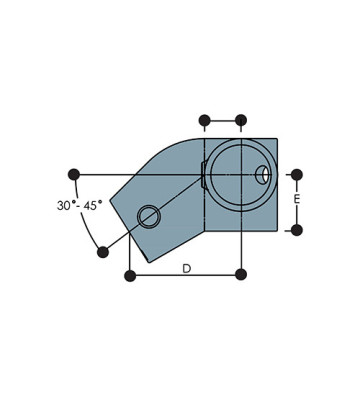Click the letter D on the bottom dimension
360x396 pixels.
[187, 268]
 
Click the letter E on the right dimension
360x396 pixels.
[297, 199]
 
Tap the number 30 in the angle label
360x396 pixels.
[64, 205]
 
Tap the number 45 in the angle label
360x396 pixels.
[90, 205]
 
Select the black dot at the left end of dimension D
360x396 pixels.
[130, 276]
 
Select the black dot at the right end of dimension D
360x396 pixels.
[241, 275]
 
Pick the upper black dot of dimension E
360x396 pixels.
[297, 175]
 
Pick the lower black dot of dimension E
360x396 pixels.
[297, 230]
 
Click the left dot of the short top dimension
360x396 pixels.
[204, 120]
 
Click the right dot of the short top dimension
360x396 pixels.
[241, 120]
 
